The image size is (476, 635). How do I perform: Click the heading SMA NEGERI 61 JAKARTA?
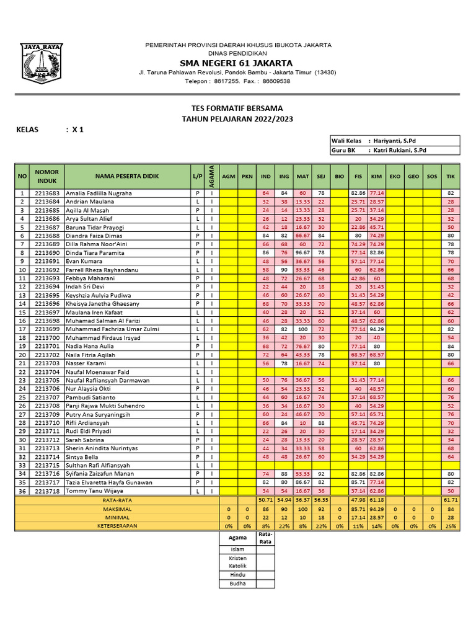(x=237, y=63)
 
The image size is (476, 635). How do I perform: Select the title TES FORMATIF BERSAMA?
(x=237, y=108)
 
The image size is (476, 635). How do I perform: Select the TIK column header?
(x=451, y=177)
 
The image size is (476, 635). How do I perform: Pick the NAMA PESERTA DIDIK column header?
(x=127, y=177)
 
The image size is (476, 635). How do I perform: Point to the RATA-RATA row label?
(x=117, y=499)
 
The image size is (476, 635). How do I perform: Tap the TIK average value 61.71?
(x=451, y=499)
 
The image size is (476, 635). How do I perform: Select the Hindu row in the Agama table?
(x=237, y=575)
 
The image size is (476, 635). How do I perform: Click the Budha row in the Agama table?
(x=237, y=584)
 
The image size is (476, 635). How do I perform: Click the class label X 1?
(x=77, y=130)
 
